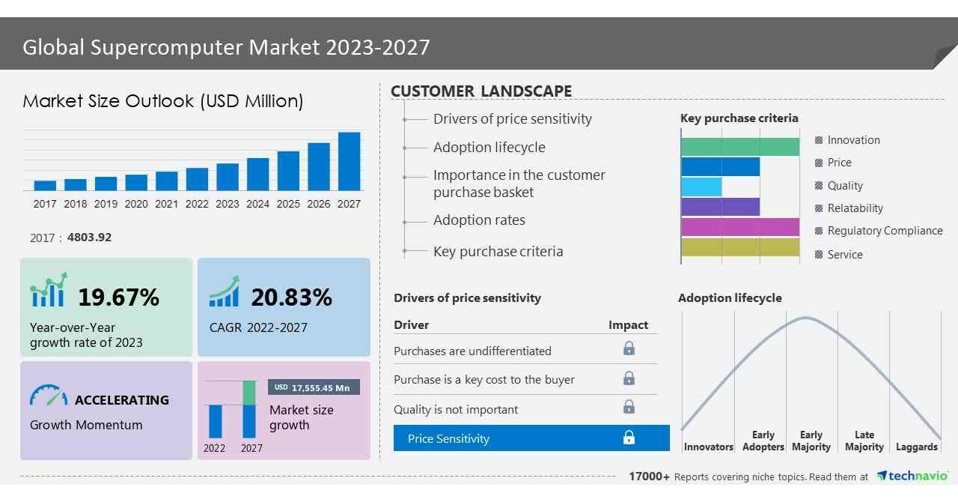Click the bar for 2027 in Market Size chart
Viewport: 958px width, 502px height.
[349, 161]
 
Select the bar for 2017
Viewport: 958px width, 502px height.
[45, 185]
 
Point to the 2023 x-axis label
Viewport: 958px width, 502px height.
[228, 204]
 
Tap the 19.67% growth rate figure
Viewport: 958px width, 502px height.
[118, 297]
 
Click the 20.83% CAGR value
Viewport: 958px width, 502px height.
[291, 297]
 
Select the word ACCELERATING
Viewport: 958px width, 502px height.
[122, 400]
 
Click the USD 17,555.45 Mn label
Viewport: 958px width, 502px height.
[314, 387]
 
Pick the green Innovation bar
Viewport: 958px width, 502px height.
[740, 147]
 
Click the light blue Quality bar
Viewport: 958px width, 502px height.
[701, 187]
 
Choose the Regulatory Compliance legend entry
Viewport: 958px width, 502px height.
[885, 231]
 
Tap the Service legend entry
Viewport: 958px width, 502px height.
[845, 255]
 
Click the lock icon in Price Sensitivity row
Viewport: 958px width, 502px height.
[629, 438]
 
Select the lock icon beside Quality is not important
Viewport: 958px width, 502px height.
[629, 407]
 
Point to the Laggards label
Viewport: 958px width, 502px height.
[916, 447]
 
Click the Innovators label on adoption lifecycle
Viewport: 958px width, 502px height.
[708, 447]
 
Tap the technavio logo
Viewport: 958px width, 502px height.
[913, 477]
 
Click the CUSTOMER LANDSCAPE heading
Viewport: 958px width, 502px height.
[481, 91]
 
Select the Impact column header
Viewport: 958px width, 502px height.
[628, 324]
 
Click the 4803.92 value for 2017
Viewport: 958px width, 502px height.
[89, 238]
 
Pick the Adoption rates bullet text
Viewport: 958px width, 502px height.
[479, 220]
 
